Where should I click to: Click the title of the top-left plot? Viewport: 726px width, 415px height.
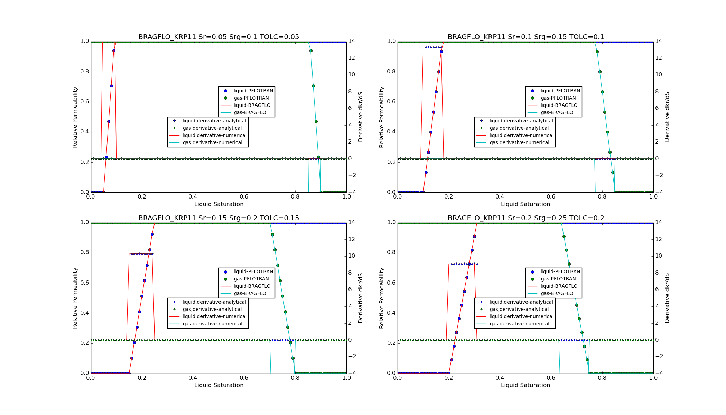(x=218, y=37)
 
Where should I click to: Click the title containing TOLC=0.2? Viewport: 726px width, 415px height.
(x=525, y=218)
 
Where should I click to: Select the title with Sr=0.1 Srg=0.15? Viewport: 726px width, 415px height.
(x=525, y=37)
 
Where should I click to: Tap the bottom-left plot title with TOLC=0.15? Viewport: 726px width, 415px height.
(x=218, y=218)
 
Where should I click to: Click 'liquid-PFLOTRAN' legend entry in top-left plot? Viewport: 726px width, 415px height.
(x=253, y=91)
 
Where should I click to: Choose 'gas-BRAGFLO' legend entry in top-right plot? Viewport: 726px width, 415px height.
(x=557, y=113)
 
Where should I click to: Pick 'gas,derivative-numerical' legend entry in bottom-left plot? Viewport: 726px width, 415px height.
(x=212, y=324)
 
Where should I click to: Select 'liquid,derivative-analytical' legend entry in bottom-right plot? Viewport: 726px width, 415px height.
(x=521, y=302)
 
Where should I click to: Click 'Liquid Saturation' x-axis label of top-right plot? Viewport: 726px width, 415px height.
(x=525, y=204)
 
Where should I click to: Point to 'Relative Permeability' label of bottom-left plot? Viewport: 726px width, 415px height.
(x=75, y=298)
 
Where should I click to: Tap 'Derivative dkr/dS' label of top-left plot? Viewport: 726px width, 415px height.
(x=361, y=117)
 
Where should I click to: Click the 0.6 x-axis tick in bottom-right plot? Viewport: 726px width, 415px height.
(x=551, y=378)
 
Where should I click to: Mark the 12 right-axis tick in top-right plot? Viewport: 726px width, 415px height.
(x=658, y=58)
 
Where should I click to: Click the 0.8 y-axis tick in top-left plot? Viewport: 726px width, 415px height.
(x=85, y=72)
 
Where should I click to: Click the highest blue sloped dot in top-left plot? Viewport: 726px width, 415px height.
(x=114, y=50)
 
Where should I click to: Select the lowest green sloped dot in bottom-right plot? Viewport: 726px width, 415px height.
(x=587, y=360)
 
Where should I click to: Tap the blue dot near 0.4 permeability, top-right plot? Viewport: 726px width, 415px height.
(x=431, y=132)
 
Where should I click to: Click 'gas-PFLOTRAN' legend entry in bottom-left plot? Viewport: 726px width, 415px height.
(x=251, y=279)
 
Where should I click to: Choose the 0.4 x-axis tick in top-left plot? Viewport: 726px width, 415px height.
(x=193, y=197)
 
